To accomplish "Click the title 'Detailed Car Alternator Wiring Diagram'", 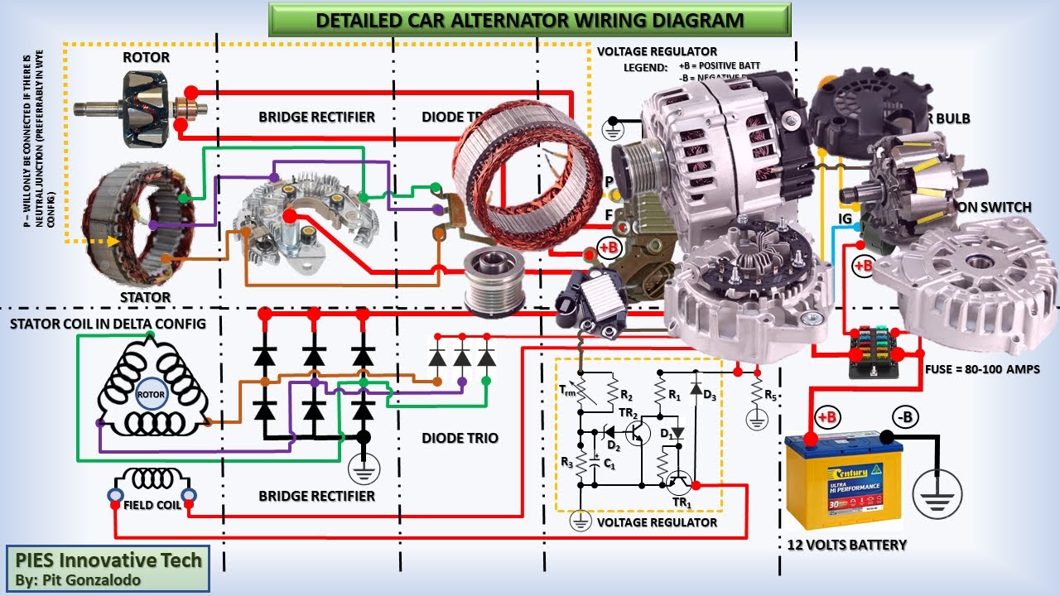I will pyautogui.click(x=530, y=20).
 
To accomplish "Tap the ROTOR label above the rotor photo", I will pyautogui.click(x=146, y=58).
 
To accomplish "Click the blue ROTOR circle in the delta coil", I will pyautogui.click(x=151, y=395).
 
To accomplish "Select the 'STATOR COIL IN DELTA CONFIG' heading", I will pyautogui.click(x=108, y=324).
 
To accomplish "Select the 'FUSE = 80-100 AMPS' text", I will pyautogui.click(x=982, y=369).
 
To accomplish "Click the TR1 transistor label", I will pyautogui.click(x=681, y=502).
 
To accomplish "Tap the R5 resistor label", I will pyautogui.click(x=771, y=394).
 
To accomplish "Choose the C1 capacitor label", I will pyautogui.click(x=609, y=465).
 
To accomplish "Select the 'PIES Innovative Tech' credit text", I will pyautogui.click(x=108, y=560).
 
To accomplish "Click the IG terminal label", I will pyautogui.click(x=845, y=219).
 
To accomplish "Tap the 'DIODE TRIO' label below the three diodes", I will pyautogui.click(x=460, y=437).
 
